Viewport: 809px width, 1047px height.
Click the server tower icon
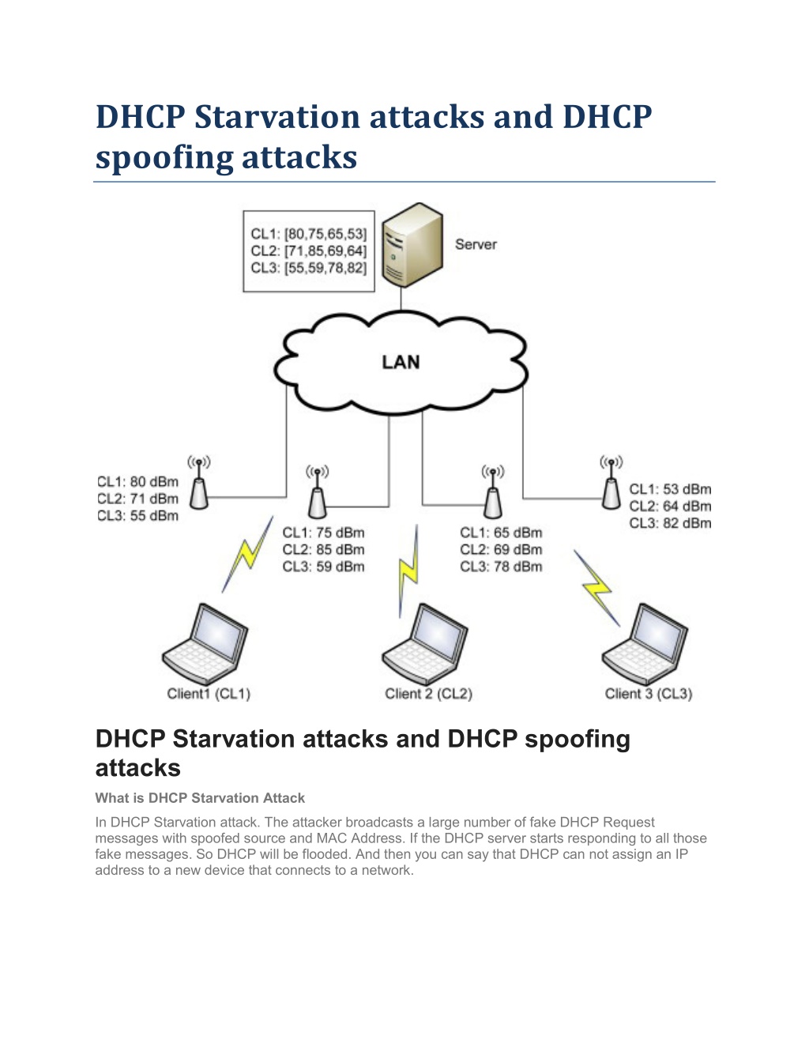click(411, 245)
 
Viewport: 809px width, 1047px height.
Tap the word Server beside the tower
click(476, 245)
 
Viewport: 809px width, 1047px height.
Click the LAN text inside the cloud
click(401, 363)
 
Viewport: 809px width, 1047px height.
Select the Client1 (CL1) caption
click(209, 694)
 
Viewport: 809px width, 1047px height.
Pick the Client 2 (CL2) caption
click(428, 694)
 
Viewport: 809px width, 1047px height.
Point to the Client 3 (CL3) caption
click(648, 694)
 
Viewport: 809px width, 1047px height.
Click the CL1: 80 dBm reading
click(138, 482)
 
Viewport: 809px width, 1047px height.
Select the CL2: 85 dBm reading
click(324, 550)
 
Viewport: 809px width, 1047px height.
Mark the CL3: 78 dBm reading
click(501, 567)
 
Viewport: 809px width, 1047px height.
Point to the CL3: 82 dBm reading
click(670, 523)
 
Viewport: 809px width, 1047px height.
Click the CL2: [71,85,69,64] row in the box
click(309, 251)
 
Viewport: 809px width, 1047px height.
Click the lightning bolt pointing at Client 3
click(596, 588)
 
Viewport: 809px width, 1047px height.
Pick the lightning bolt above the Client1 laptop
click(246, 553)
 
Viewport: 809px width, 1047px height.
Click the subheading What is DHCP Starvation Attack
click(200, 798)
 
